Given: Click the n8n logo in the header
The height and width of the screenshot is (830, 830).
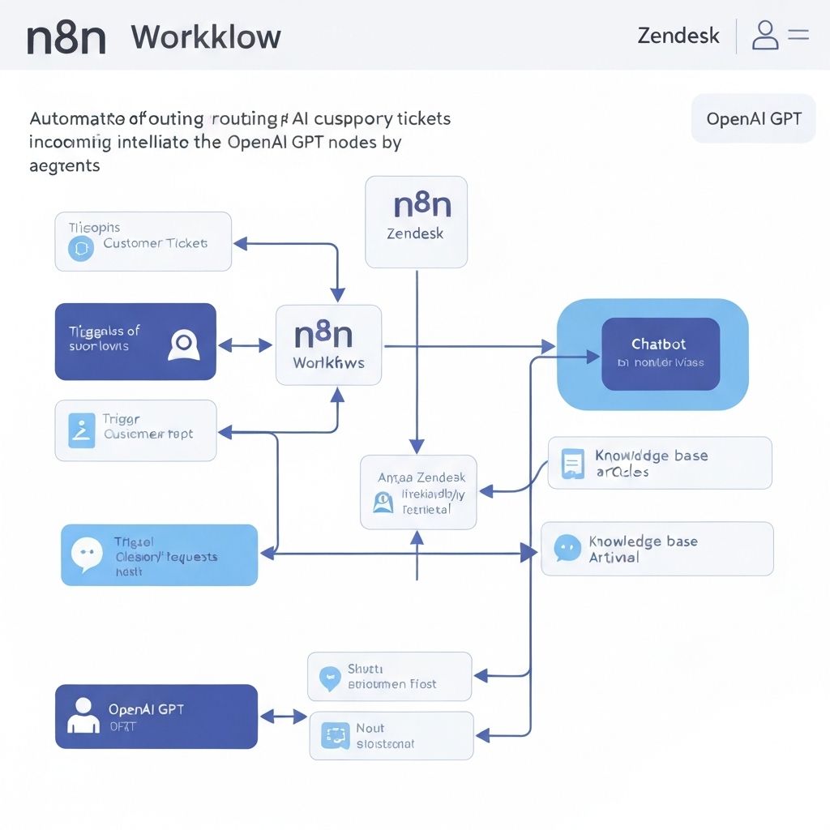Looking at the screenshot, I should (x=66, y=37).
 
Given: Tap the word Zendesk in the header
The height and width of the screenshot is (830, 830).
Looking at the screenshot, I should (x=678, y=36).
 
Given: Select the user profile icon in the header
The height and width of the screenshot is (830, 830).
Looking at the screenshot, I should (x=764, y=36).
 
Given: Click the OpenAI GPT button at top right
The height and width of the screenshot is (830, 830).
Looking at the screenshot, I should (x=753, y=119).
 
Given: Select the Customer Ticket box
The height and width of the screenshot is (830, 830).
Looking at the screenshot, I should (x=143, y=242).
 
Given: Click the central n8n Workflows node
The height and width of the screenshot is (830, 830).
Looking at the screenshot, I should (x=328, y=344).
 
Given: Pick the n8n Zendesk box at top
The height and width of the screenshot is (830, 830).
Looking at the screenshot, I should (x=416, y=221).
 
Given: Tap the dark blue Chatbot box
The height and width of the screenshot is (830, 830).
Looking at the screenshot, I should (x=660, y=353).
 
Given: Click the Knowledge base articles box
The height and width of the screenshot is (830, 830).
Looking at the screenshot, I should (x=659, y=463).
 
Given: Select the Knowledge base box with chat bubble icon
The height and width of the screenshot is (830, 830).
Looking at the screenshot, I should (x=657, y=549).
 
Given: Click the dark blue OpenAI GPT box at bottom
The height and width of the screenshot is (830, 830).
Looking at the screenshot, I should (x=156, y=717).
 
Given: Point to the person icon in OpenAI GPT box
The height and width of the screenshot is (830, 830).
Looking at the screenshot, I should (x=82, y=716).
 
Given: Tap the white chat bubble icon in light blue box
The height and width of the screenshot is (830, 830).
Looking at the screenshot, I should (x=87, y=554).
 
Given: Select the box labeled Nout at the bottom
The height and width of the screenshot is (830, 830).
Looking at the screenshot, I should (x=391, y=735).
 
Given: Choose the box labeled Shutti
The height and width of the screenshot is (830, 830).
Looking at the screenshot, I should (x=389, y=676).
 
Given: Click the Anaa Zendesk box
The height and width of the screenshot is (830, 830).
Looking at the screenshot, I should (x=418, y=492).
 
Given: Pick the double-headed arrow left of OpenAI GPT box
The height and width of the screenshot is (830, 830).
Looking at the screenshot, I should (x=283, y=717).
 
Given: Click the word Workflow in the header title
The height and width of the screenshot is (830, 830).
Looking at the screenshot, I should (x=206, y=37).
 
